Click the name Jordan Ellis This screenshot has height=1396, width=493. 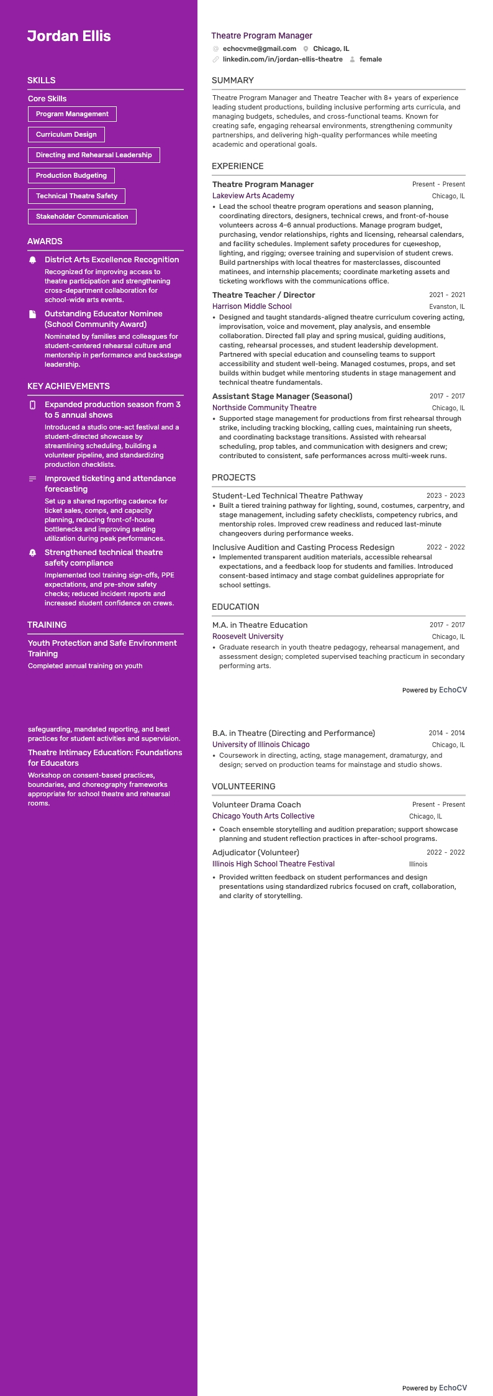[x=69, y=36]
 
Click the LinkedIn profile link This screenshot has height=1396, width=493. [x=283, y=60]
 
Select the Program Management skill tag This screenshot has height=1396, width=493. [x=72, y=114]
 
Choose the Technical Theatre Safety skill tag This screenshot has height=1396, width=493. [x=76, y=196]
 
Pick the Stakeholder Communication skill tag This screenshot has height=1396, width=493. [x=82, y=217]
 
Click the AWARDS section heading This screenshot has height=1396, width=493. [x=45, y=241]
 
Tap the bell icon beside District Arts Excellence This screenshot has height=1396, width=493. [x=33, y=260]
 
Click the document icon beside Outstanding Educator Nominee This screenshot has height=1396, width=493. [x=33, y=315]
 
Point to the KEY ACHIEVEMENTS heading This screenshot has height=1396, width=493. [x=68, y=386]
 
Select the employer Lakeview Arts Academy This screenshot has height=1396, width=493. [x=253, y=196]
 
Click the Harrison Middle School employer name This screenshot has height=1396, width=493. [x=252, y=306]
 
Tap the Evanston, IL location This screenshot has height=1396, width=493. [x=446, y=307]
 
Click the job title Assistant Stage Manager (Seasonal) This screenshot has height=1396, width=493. [x=283, y=397]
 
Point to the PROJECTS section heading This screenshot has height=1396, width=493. [x=233, y=477]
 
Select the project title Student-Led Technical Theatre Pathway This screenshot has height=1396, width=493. [x=287, y=496]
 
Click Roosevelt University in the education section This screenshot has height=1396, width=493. [x=248, y=636]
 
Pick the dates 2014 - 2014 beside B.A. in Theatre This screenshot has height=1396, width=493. [x=446, y=733]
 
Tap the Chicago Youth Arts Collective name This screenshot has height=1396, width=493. [x=263, y=816]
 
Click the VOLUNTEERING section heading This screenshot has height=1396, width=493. [x=243, y=786]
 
